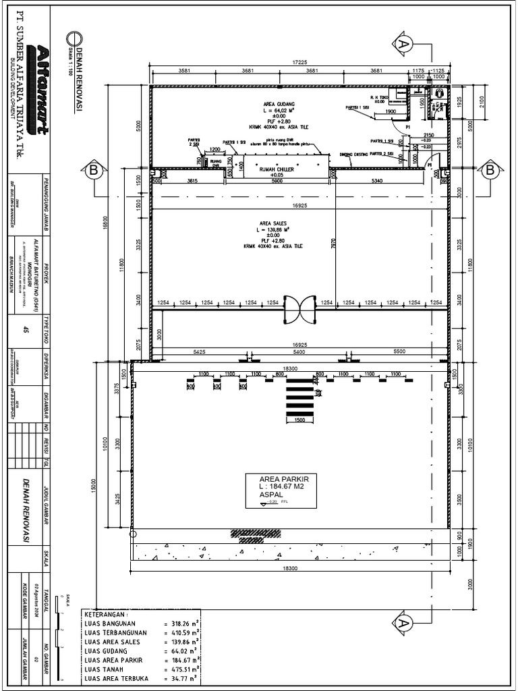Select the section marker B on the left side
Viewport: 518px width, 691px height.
[x=92, y=171]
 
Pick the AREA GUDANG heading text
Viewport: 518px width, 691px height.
[x=279, y=105]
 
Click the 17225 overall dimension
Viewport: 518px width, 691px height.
[x=299, y=62]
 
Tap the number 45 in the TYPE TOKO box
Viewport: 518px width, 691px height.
[x=26, y=330]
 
